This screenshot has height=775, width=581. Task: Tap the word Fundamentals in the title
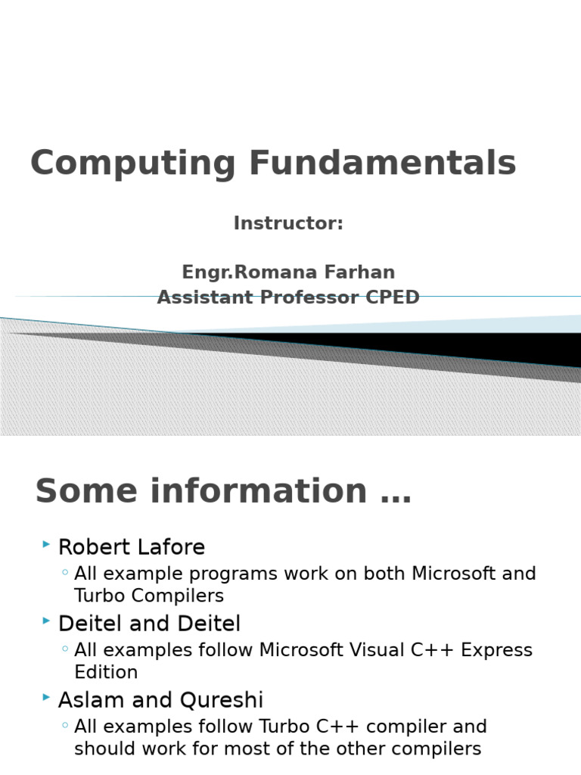click(383, 162)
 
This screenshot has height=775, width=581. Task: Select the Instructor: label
click(288, 223)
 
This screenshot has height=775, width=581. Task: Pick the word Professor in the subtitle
click(309, 297)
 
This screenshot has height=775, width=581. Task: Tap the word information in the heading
click(259, 490)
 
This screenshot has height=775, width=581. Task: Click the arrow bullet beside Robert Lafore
click(46, 544)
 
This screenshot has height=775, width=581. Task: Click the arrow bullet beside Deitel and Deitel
click(46, 621)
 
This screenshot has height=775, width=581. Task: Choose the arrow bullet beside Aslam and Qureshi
click(46, 697)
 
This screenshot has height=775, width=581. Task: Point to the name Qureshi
click(222, 700)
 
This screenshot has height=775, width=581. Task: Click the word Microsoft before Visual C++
click(301, 649)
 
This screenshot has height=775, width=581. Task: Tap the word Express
click(496, 650)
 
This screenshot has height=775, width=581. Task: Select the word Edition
click(106, 672)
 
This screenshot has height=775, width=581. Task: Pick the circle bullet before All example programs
click(65, 572)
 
